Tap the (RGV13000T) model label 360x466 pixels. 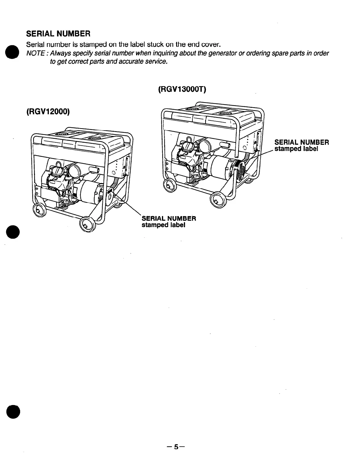click(182, 89)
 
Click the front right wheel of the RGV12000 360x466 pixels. click(87, 224)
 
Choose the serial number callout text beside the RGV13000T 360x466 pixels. click(301, 145)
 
